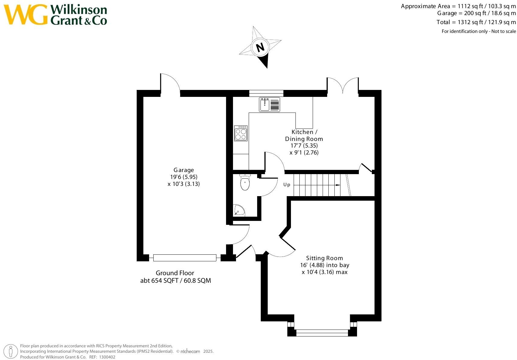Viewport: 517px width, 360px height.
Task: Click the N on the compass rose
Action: pos(260,47)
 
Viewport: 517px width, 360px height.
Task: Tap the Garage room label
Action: pos(184,170)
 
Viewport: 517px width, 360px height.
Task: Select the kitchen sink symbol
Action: pos(269,104)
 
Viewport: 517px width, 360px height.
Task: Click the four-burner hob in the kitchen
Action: pos(241,133)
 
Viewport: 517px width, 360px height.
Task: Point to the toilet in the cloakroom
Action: pos(245,182)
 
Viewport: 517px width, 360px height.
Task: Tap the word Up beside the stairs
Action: pos(287,185)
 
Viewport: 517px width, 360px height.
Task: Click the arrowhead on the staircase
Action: pos(338,185)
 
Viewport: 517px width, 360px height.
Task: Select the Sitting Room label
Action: pos(324,258)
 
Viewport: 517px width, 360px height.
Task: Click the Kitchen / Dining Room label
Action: pos(304,135)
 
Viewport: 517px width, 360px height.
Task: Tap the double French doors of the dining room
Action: pos(343,85)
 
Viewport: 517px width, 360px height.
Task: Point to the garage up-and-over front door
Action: pos(185,258)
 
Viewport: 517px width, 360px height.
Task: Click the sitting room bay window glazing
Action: pos(322,333)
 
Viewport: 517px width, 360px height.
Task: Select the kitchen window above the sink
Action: pos(266,93)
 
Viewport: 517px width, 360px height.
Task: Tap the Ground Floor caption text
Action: pos(175,273)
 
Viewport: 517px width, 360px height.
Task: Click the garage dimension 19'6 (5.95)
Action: pos(184,177)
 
